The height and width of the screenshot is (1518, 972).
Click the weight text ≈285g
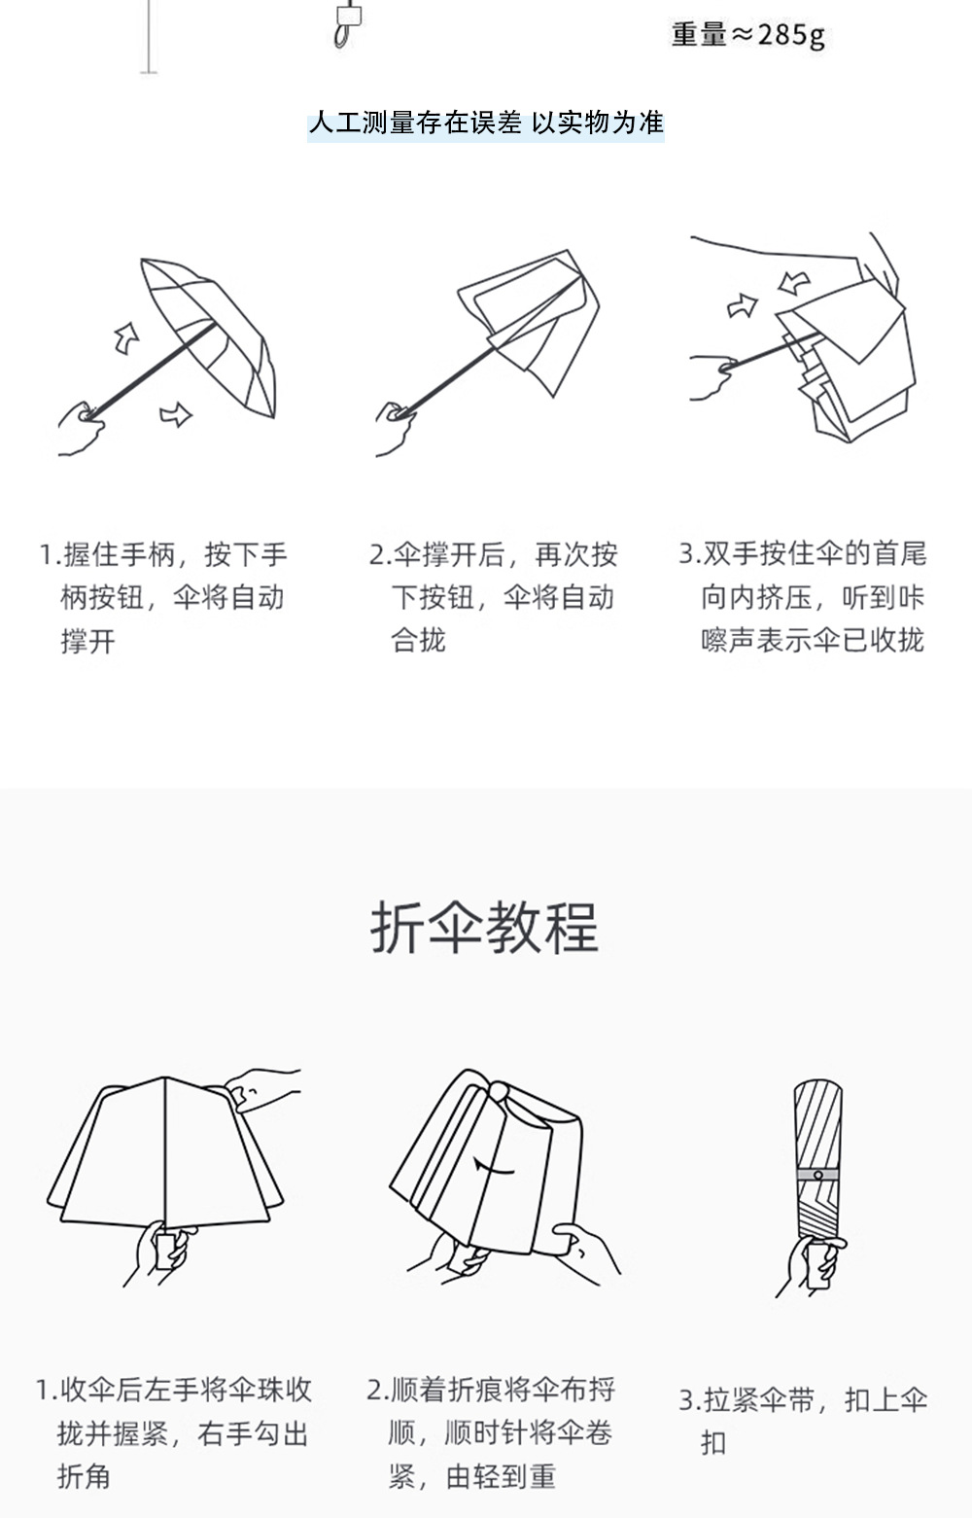point(747,35)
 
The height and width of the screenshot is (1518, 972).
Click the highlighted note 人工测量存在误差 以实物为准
point(486,124)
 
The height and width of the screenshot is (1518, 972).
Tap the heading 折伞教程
point(484,927)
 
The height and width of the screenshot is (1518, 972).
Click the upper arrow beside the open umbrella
point(126,337)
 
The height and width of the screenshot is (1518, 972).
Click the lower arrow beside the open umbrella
point(176,415)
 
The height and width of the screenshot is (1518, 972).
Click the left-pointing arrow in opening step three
point(795,283)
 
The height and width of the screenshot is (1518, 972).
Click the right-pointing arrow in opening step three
point(743,306)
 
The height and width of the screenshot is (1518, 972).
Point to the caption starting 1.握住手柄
point(163,597)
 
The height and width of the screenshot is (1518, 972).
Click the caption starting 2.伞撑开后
point(494,597)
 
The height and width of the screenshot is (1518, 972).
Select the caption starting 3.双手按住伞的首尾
point(803,597)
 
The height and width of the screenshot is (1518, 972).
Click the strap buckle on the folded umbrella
point(818,1175)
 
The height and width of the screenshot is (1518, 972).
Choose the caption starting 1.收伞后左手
point(175,1432)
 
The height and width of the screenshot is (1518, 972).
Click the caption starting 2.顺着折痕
point(491,1432)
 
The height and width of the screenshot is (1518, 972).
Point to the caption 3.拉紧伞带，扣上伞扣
point(803,1421)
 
